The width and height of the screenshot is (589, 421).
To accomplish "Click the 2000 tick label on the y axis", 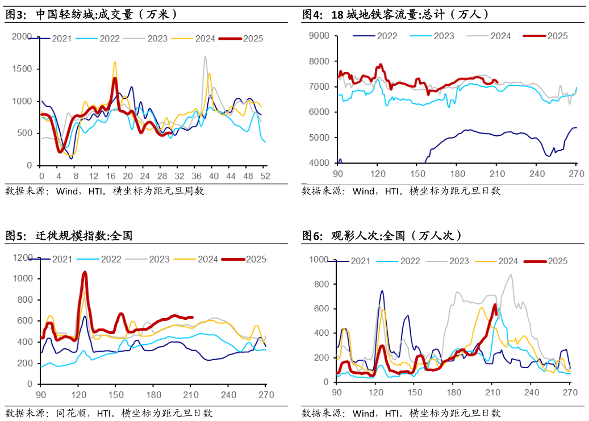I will (x=22, y=37).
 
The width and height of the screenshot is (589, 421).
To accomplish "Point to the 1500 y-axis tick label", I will (x=22, y=69).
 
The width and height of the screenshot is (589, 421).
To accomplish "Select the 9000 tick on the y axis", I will (x=319, y=36).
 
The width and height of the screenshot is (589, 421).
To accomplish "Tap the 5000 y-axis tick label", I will (x=319, y=137).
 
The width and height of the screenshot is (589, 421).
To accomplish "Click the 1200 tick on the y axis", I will (x=23, y=258).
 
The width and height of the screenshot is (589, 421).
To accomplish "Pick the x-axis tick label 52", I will (x=265, y=177).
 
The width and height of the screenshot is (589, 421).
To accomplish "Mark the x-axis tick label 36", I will (x=197, y=177).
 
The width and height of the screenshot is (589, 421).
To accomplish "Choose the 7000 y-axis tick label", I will (x=319, y=87).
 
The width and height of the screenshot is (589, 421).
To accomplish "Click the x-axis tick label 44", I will (x=231, y=177).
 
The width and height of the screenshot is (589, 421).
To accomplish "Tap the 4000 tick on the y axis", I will (x=319, y=163).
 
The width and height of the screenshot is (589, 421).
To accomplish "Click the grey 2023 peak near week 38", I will (x=205, y=56).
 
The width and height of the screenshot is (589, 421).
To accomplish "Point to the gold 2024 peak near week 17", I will (x=115, y=62).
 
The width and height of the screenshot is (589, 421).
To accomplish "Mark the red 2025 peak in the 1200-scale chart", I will (x=85, y=272).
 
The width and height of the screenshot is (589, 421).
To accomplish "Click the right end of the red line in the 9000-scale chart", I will (x=497, y=82).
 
